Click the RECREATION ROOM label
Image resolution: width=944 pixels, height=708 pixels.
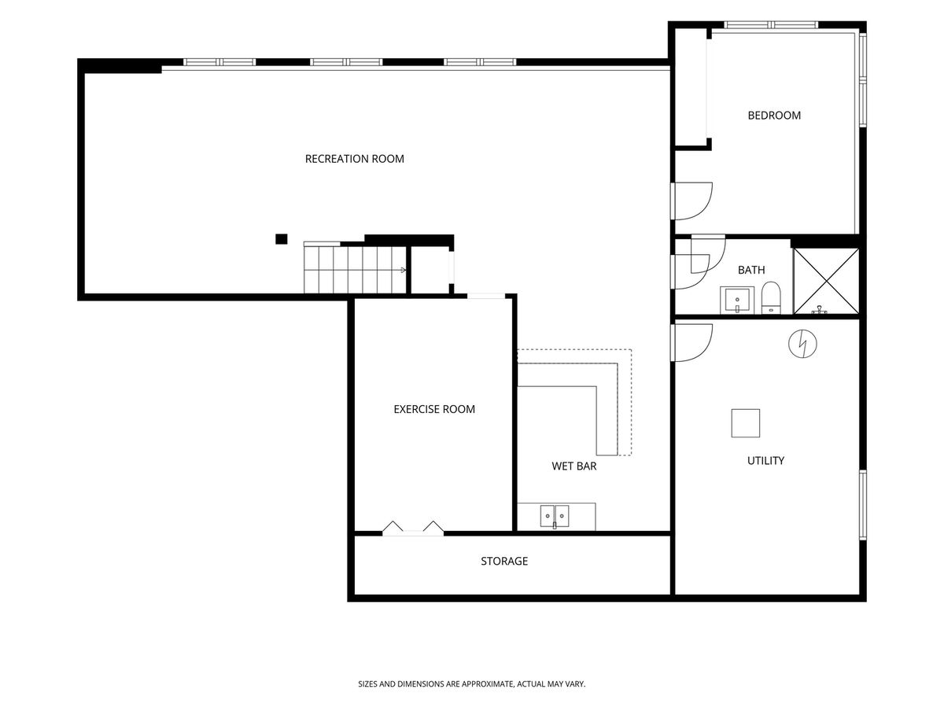pos(354,159)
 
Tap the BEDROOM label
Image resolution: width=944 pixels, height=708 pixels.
pos(774,115)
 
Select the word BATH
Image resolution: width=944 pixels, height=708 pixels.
pos(751,270)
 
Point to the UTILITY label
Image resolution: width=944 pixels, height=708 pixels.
pos(765,460)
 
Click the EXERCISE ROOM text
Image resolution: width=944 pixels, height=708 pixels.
pos(434,409)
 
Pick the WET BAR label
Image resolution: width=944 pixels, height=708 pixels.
pos(574,466)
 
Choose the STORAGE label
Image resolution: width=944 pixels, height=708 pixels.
pos(504,561)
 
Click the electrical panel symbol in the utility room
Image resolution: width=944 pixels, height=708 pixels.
pos(802,344)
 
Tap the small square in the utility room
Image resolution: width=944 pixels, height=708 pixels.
pos(745,423)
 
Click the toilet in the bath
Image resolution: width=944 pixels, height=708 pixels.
pos(771,297)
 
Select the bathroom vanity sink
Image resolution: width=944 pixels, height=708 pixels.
pos(737,300)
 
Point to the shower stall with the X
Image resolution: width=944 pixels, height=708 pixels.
pos(826,281)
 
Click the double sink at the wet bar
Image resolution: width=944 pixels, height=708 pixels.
pos(555,516)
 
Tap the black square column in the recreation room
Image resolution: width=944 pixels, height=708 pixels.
pos(282,239)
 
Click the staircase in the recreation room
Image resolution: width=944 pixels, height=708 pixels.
pos(355,267)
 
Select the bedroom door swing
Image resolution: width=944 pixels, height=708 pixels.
pos(692,201)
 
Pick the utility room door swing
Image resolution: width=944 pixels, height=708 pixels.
pos(692,343)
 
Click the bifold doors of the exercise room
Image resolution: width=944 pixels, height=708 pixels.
pos(413,528)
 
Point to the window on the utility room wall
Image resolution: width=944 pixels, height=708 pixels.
pos(863,505)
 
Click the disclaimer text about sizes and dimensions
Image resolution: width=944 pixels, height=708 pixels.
pos(472,684)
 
